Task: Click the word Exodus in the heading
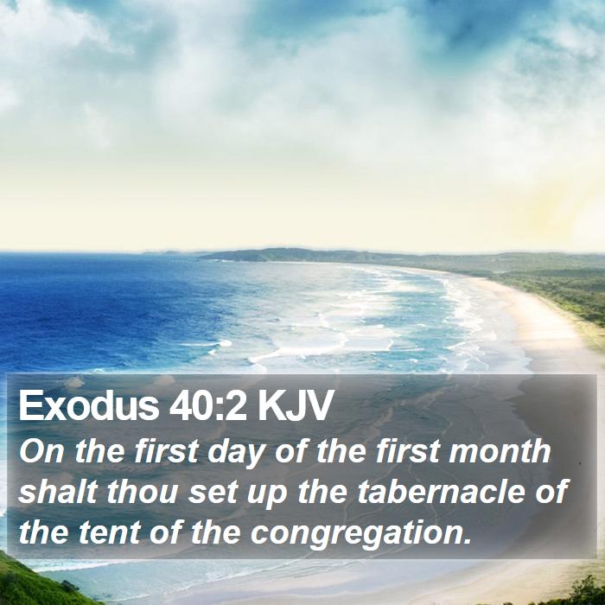click(89, 405)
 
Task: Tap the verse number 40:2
click(208, 405)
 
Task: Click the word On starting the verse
click(41, 451)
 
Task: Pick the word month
click(500, 450)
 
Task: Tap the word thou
click(143, 491)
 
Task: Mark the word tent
click(109, 532)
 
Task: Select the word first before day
click(166, 450)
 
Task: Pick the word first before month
click(407, 450)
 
